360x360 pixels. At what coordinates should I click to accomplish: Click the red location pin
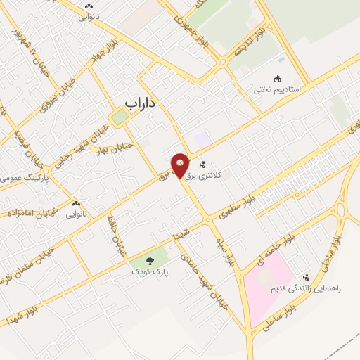[x=181, y=165]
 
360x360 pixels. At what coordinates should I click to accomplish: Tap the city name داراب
[x=139, y=103]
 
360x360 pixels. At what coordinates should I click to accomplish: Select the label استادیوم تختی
[x=277, y=90]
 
